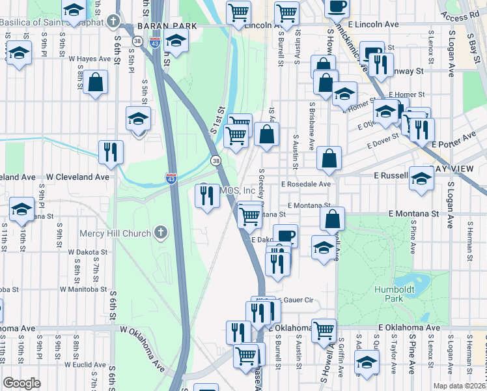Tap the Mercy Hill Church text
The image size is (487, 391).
(x=115, y=233)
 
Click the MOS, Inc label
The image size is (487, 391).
(x=238, y=190)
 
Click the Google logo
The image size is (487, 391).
(x=21, y=383)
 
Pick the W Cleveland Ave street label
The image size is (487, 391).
(x=77, y=177)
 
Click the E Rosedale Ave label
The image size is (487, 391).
(x=306, y=184)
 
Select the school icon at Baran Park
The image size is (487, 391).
(x=175, y=41)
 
